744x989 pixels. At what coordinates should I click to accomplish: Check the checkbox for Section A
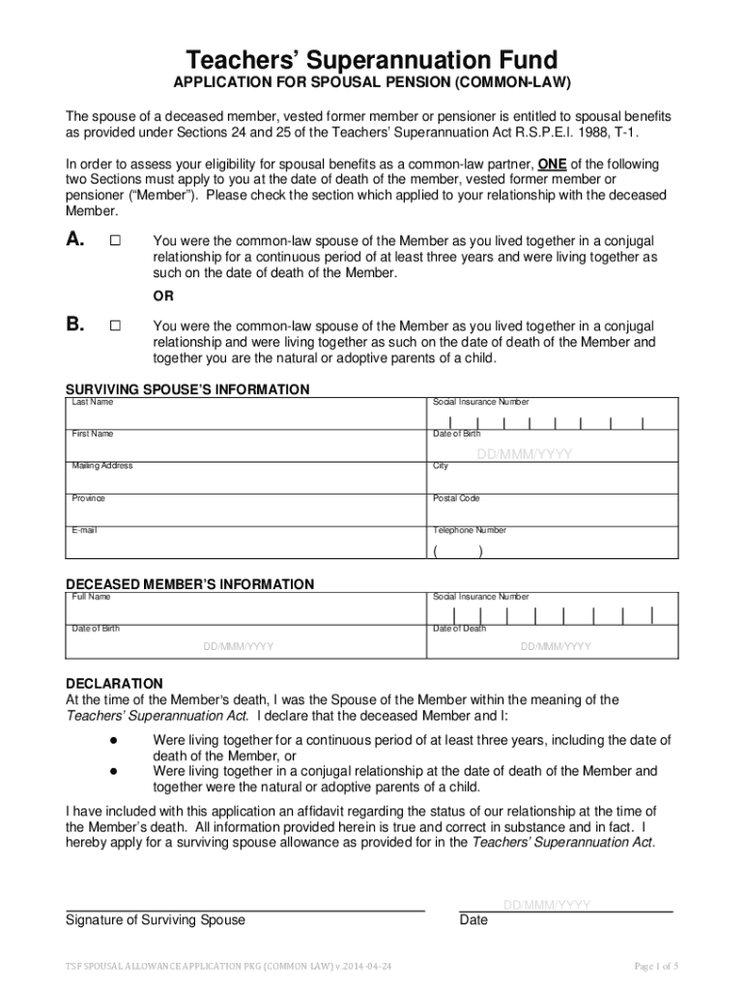(x=115, y=241)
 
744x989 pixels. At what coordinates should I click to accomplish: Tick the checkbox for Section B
(x=115, y=326)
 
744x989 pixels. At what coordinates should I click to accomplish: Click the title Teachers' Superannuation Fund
(x=371, y=60)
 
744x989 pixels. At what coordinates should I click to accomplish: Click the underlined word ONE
(x=552, y=164)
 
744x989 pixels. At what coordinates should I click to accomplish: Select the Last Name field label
(x=93, y=402)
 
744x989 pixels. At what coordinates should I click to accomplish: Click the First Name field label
(x=93, y=434)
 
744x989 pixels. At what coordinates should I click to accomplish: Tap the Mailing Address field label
(x=102, y=466)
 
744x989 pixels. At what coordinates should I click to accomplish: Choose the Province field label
(x=89, y=498)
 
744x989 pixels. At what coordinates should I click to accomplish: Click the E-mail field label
(x=85, y=530)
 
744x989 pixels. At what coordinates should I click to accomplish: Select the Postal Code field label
(x=456, y=498)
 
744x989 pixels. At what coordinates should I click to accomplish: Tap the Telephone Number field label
(x=470, y=530)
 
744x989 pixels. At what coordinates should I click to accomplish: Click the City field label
(x=441, y=466)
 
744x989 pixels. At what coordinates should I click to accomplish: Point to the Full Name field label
(x=92, y=597)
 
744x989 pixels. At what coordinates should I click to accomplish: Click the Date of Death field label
(x=460, y=629)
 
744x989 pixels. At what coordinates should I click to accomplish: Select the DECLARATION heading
(x=114, y=683)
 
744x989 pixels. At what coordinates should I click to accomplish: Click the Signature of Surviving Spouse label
(x=156, y=919)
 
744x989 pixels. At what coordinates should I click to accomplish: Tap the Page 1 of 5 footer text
(x=656, y=966)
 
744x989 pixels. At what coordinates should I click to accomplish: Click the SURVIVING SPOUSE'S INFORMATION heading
(x=187, y=389)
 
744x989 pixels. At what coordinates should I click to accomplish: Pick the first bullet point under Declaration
(x=113, y=740)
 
